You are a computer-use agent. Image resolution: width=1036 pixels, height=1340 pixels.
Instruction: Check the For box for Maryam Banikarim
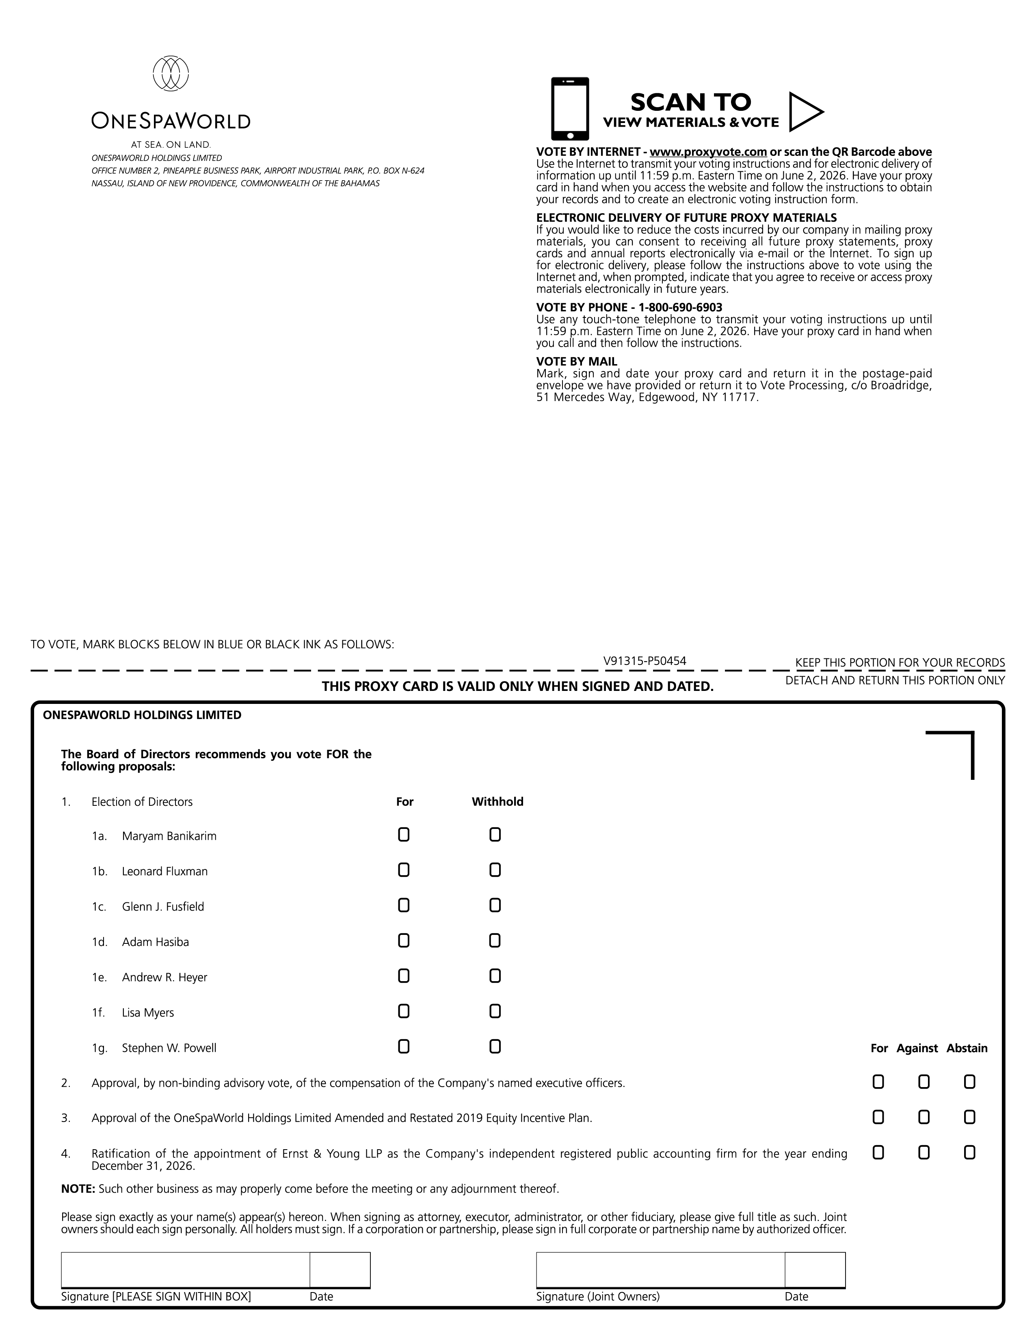403,835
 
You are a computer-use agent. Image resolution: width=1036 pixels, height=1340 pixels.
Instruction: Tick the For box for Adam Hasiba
403,941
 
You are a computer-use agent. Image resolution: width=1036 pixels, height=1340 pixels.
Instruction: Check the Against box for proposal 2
924,1082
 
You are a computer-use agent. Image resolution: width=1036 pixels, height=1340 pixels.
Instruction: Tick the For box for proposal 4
878,1153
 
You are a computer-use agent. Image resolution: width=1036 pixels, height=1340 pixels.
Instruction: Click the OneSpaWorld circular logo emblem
171,74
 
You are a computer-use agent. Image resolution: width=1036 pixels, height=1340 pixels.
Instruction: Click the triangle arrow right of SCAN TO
805,112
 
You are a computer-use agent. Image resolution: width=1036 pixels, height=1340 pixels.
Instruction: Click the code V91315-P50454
645,661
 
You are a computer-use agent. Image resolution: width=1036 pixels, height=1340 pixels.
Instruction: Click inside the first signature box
185,1269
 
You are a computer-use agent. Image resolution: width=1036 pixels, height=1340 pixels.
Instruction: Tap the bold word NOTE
78,1189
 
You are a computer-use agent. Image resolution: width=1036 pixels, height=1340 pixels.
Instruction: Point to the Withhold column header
497,802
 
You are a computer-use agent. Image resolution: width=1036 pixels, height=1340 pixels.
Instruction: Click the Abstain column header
967,1049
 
